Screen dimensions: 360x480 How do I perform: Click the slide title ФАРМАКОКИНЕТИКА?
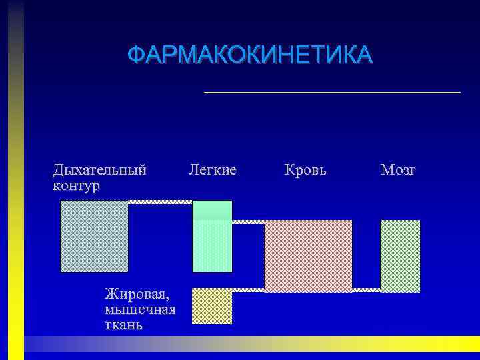pos(250,55)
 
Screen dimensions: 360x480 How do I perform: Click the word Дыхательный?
pos(99,170)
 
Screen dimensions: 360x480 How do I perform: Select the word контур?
pos(76,185)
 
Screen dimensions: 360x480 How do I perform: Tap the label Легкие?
pos(212,170)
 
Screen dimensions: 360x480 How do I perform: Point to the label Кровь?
pos(305,170)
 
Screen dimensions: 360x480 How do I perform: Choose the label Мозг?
pos(398,170)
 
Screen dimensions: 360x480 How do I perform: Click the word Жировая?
pos(137,293)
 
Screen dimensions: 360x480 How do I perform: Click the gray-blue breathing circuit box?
pos(94,236)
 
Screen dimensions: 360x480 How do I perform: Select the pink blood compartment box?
pos(308,256)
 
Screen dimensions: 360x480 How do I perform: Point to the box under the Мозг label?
pos(400,256)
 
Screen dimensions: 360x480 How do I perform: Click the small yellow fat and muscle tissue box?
pos(212,306)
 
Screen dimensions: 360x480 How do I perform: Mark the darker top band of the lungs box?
pos(212,210)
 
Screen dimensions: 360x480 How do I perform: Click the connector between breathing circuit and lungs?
pos(160,201)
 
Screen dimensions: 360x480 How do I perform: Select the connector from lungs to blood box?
pos(248,222)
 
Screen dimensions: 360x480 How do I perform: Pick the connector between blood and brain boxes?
pos(366,290)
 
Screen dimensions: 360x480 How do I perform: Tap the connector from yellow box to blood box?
pos(248,290)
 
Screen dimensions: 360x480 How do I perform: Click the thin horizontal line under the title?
pos(332,91)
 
